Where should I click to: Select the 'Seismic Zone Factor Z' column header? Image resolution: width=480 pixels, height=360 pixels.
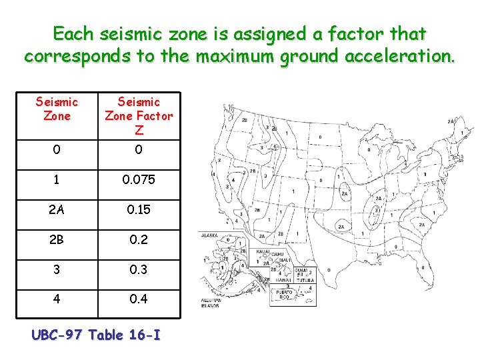tap(139, 115)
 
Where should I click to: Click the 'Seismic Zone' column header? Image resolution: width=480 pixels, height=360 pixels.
tap(57, 109)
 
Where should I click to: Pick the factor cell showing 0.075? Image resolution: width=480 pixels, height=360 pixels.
tap(139, 180)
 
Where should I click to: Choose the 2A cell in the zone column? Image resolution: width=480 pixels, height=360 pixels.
tap(57, 210)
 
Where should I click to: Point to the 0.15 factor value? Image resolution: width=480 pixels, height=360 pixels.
tap(139, 210)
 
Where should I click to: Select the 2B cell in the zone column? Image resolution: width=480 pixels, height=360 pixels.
tap(57, 240)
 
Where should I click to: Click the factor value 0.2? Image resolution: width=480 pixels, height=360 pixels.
tap(139, 240)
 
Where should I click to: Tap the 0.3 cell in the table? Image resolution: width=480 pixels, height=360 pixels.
tap(139, 269)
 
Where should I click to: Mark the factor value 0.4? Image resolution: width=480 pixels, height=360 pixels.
tap(139, 299)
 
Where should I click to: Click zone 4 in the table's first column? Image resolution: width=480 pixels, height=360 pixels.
tap(57, 299)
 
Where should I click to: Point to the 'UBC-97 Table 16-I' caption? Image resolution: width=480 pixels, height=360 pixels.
tap(96, 334)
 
